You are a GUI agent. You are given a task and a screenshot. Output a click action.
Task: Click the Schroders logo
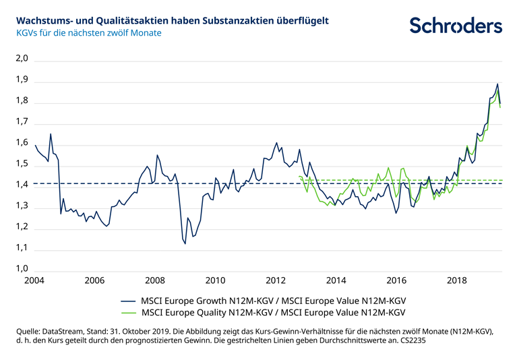click(x=456, y=26)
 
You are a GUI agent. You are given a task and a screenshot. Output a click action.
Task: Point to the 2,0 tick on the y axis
click(x=22, y=59)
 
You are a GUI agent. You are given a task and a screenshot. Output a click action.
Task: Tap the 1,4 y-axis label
click(x=22, y=185)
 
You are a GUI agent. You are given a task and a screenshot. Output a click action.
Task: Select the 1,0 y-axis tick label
click(x=22, y=269)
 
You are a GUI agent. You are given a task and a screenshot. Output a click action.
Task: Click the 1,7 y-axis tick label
click(x=22, y=122)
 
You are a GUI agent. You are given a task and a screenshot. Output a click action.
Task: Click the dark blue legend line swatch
click(x=128, y=301)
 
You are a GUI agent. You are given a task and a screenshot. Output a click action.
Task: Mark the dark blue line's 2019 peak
click(x=497, y=84)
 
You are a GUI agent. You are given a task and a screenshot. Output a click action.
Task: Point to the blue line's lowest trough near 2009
click(x=185, y=243)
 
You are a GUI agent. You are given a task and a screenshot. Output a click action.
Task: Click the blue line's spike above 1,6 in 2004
click(x=51, y=134)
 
